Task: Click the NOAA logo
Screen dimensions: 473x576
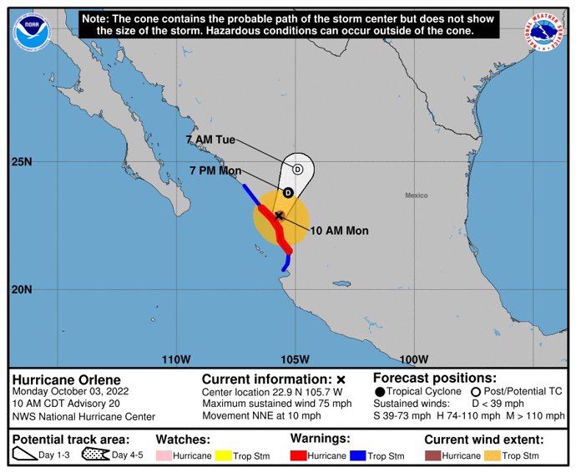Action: coord(32,31)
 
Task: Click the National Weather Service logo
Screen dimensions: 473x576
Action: coord(543,31)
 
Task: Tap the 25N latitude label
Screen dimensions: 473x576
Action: coord(20,161)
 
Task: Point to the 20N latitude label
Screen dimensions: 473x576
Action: coord(20,290)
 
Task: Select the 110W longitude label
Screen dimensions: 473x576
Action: coord(176,359)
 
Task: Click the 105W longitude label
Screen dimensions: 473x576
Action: coord(292,359)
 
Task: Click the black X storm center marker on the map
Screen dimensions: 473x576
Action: coord(279,216)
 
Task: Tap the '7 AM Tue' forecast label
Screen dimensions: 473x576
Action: coord(210,140)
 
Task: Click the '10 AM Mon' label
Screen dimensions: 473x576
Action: coord(339,231)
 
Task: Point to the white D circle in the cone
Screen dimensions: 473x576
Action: coord(297,169)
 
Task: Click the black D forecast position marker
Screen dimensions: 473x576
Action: coord(288,192)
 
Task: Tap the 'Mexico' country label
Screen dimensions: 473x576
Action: coord(416,195)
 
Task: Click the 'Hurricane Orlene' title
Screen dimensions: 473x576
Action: coord(60,379)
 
